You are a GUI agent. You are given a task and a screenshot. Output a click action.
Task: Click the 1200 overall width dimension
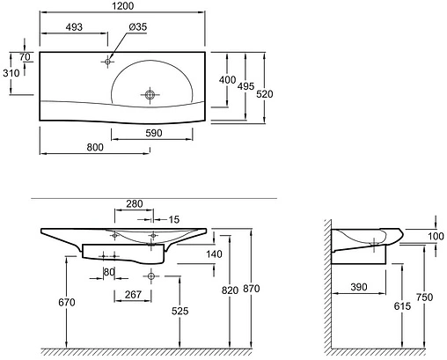pos(123,5)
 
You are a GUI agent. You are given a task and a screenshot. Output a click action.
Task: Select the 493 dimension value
pos(74,27)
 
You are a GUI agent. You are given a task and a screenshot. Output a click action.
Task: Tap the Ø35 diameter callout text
pos(138,26)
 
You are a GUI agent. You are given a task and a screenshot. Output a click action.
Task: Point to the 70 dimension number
pos(26,57)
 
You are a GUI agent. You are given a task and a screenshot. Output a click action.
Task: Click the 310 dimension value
pos(11,73)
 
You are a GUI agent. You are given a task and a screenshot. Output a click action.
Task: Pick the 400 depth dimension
pos(227,79)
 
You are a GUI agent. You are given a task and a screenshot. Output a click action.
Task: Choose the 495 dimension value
pos(245,86)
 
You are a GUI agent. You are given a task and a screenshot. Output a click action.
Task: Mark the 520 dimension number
pos(265,94)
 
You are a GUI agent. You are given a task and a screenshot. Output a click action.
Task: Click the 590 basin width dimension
pos(154,133)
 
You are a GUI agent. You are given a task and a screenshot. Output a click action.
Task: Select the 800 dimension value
pos(95,147)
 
